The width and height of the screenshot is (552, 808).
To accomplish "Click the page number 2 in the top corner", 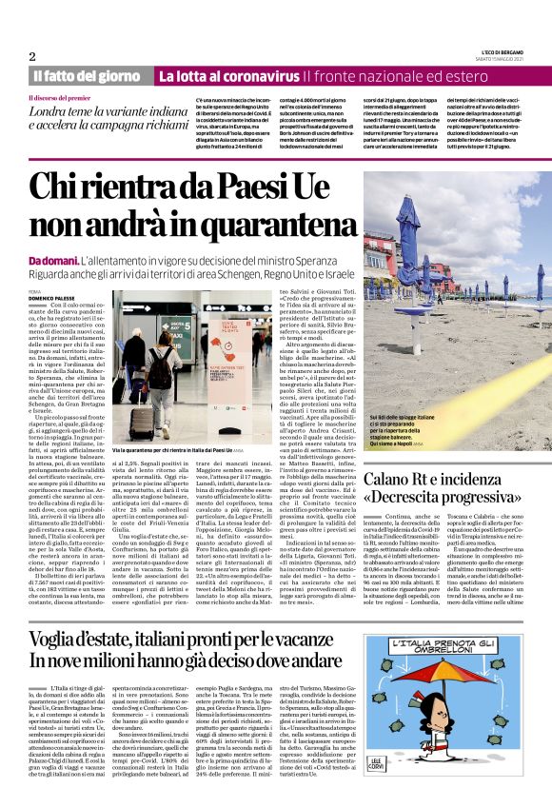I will coord(32,55).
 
